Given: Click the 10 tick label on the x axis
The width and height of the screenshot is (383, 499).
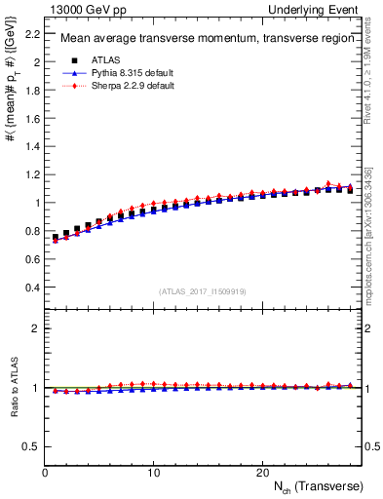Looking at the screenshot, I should [153, 472].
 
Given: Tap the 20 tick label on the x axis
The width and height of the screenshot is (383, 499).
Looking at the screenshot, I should [262, 472].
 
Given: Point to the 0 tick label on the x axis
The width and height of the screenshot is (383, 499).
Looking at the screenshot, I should [45, 472].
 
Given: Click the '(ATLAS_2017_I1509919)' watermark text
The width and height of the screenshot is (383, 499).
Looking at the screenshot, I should [204, 291].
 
